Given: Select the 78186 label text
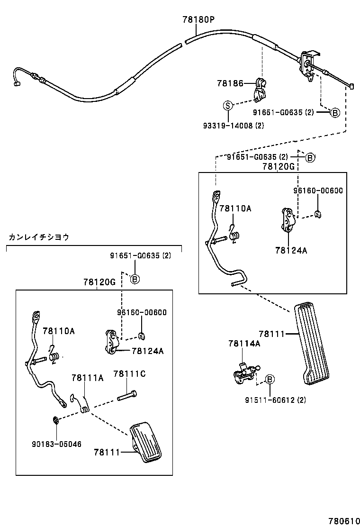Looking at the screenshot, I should click(230, 83).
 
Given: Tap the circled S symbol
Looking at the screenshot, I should click(227, 105).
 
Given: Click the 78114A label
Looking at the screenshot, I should click(244, 343).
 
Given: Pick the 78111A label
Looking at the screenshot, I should click(88, 378).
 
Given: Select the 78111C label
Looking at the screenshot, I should click(129, 374).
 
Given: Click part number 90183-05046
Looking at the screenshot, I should click(57, 444).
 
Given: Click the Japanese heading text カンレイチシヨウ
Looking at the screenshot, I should click(39, 237).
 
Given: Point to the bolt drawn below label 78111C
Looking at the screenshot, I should click(127, 395).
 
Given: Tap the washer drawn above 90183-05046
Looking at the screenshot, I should click(55, 418).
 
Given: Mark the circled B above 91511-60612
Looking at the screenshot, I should click(269, 379).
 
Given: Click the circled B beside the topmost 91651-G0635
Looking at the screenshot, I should click(334, 112).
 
